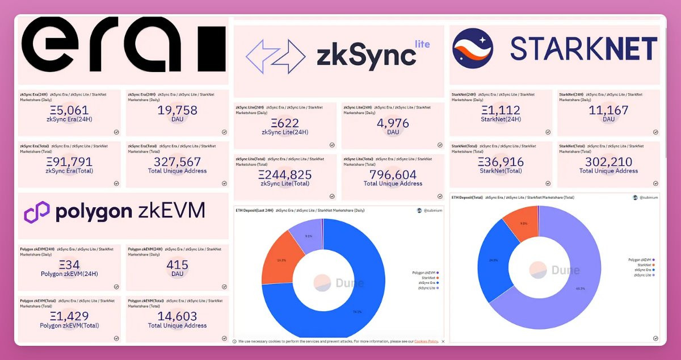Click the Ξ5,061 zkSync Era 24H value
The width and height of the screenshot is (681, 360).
(x=69, y=110)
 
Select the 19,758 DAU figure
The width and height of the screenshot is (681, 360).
(x=177, y=110)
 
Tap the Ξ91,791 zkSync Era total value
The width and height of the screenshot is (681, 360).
(x=69, y=162)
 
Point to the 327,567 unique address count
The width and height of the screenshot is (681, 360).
(x=177, y=162)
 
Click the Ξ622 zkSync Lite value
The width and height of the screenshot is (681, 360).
(x=285, y=123)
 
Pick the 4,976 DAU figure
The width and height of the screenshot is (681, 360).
(x=393, y=123)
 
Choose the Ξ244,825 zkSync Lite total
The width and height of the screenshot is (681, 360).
(x=285, y=175)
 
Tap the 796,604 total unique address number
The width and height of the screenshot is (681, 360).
(x=393, y=175)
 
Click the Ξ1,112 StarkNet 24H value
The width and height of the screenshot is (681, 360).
(x=501, y=110)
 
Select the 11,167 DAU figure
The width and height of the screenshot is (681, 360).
(x=608, y=110)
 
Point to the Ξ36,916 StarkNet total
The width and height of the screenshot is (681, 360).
(x=501, y=162)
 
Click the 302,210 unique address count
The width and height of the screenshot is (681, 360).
(x=608, y=162)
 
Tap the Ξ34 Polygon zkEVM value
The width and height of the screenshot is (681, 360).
(x=69, y=265)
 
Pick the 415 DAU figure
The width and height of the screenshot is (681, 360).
(x=177, y=265)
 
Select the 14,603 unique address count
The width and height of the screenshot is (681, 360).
(x=177, y=316)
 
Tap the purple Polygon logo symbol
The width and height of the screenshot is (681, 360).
(x=37, y=212)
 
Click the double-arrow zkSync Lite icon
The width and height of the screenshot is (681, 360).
(x=275, y=56)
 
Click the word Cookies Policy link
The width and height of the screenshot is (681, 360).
(x=426, y=341)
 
